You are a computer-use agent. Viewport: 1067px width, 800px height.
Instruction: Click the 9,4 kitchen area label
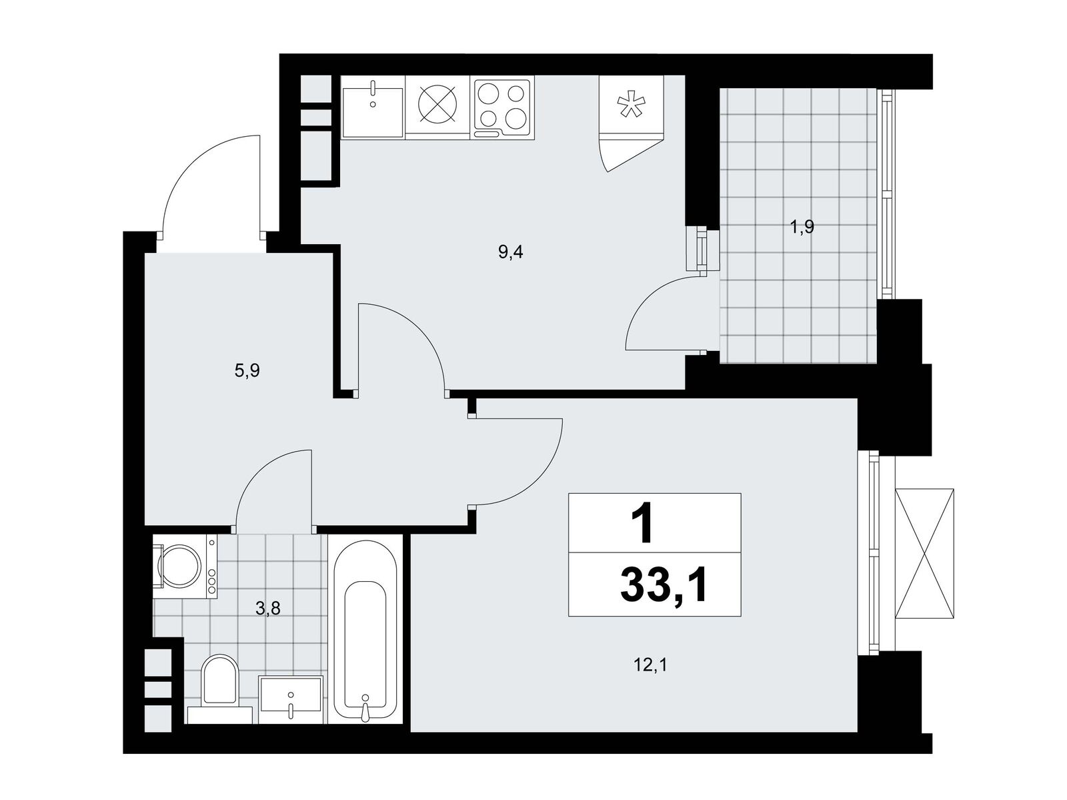point(510,252)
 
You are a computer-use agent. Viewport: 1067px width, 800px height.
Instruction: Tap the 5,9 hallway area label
point(247,371)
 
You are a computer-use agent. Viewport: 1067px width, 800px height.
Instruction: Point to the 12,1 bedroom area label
point(650,665)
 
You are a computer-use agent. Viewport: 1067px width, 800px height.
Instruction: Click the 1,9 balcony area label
point(802,227)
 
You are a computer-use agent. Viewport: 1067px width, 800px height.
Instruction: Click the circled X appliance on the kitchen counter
point(437,104)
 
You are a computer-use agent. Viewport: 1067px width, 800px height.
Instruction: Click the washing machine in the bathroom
point(185,566)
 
